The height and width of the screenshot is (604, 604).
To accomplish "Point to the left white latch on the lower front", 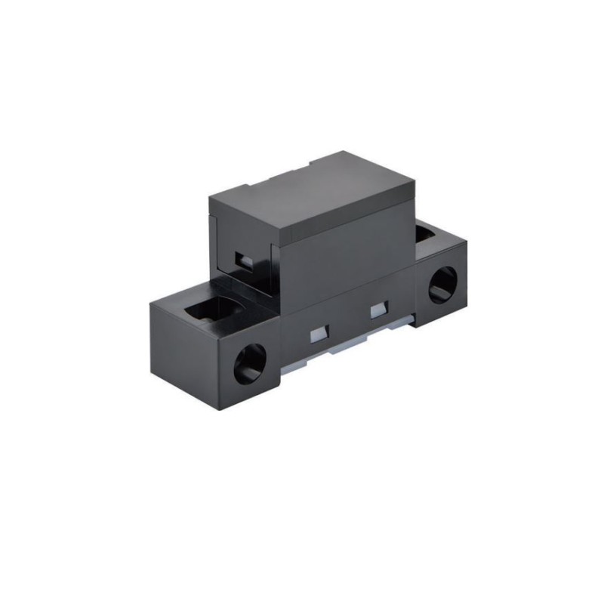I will coord(318,334).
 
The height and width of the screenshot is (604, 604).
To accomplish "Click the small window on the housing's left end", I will coord(243,260).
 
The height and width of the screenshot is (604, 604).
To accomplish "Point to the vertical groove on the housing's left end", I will coord(219,242).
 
